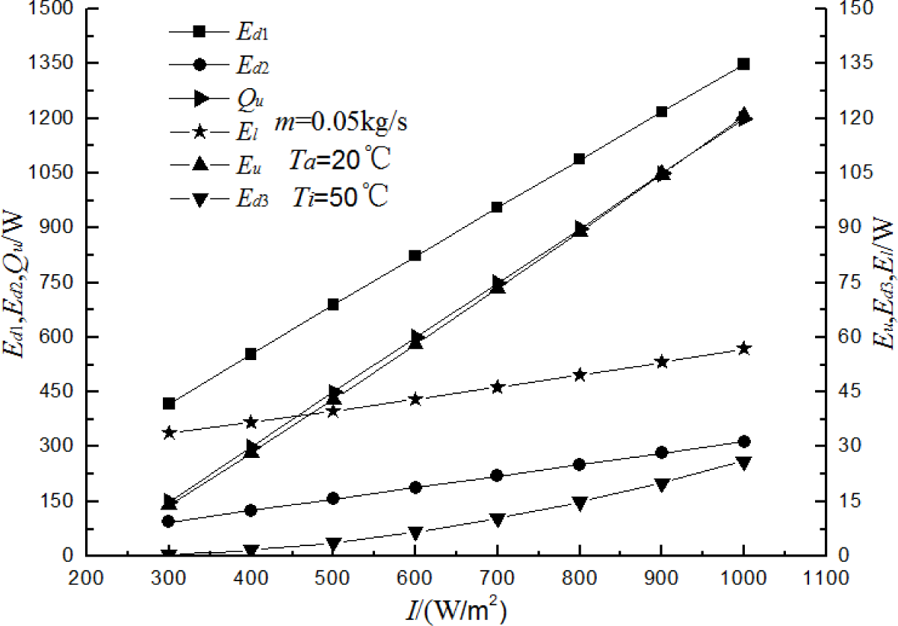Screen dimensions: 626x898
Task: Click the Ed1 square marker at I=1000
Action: pos(743,64)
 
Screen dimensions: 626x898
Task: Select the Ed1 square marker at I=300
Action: pos(169,403)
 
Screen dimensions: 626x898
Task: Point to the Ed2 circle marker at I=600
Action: pos(415,488)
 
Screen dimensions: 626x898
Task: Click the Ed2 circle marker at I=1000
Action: pos(743,442)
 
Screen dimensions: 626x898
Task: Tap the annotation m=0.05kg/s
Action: pos(340,123)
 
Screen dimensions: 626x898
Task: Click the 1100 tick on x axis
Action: pos(825,580)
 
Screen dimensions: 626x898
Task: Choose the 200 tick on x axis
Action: pos(87,580)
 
